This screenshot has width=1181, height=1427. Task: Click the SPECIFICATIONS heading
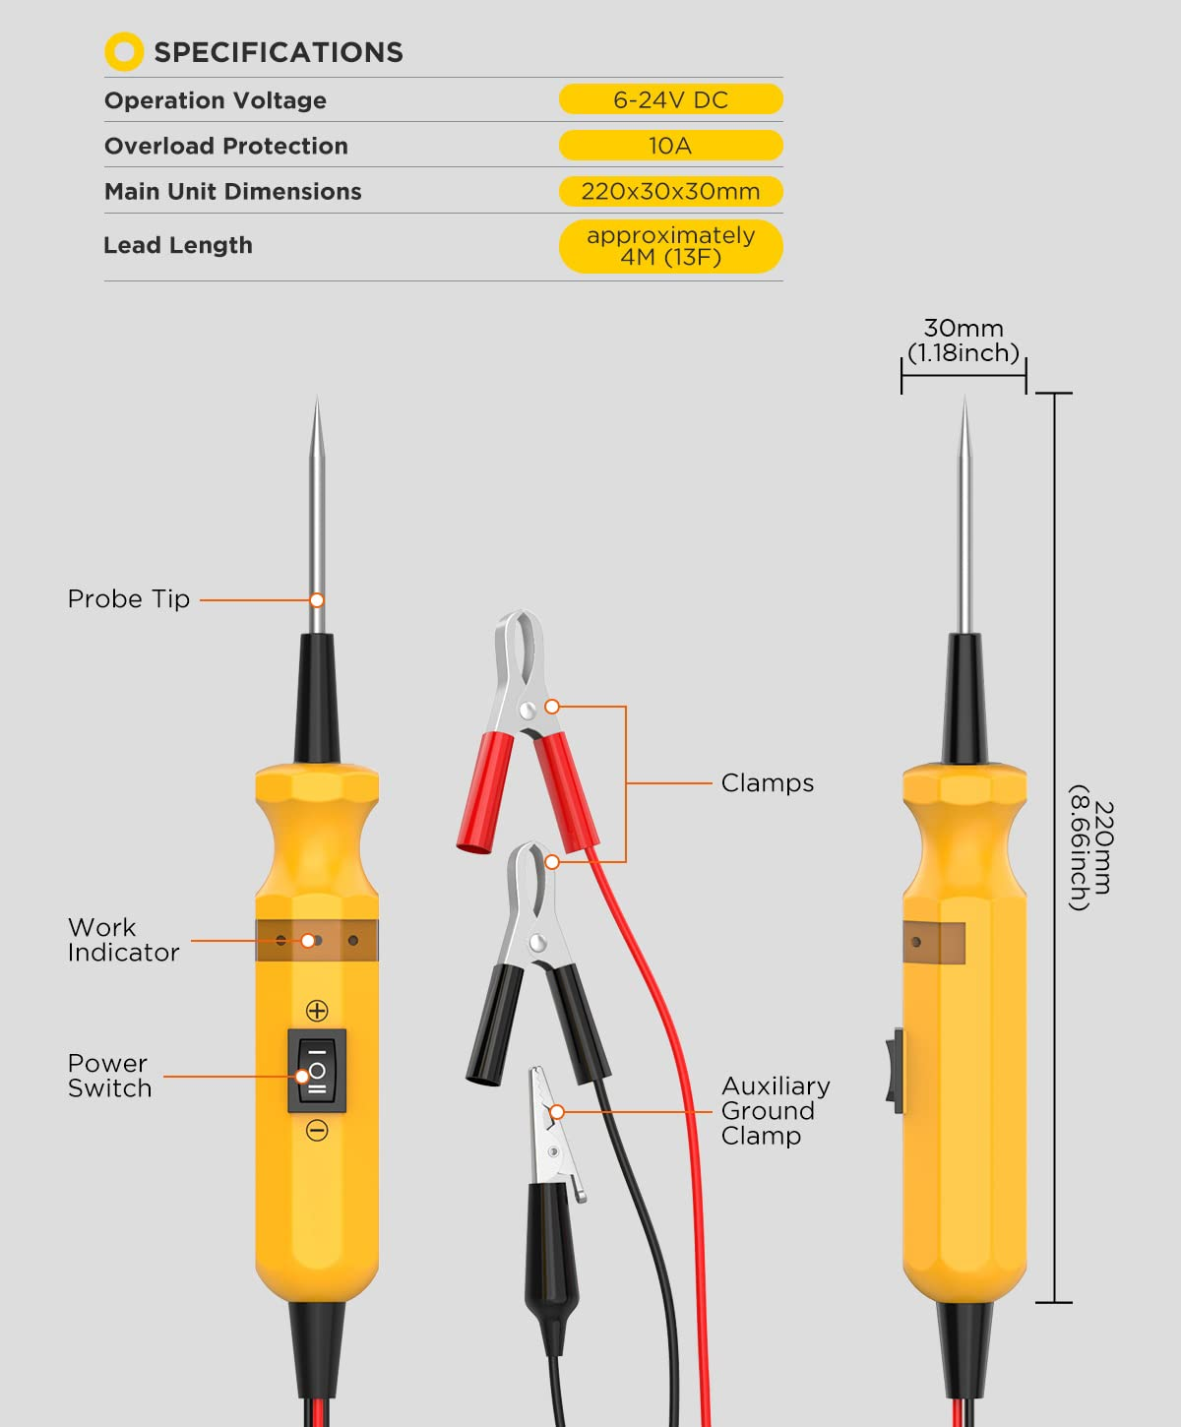278,52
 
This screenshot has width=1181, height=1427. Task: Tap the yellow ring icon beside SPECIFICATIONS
124,52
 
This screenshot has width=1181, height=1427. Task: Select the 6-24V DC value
670,99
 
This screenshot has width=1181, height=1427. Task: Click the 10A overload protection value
670,146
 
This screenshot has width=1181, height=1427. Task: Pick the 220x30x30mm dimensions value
670,191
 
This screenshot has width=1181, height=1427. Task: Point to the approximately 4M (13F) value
670,246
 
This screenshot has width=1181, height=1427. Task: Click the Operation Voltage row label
216,100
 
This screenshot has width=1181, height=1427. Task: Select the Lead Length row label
178,245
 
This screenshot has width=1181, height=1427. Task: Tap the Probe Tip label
129,598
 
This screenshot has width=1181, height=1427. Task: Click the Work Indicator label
123,940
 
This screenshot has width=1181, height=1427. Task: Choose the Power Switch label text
109,1076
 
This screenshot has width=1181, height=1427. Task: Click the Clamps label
767,782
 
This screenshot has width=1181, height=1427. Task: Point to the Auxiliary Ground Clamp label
775,1110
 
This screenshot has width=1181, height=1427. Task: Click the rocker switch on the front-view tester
317,1071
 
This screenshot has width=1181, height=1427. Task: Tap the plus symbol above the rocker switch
317,1011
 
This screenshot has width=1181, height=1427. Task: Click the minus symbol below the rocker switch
317,1131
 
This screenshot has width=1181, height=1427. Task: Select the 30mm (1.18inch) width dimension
963,341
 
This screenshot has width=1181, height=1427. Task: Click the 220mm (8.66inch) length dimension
1090,847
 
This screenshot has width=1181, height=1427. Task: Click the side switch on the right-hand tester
896,1071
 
